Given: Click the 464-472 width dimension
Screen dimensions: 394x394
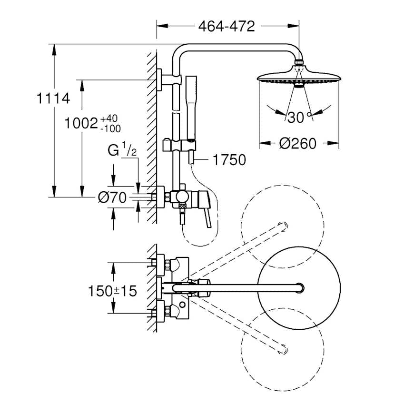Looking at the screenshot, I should (x=227, y=26).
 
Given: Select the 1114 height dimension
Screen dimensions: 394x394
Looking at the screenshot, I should (x=53, y=98).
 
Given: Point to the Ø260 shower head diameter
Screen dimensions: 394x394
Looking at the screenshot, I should (x=298, y=143).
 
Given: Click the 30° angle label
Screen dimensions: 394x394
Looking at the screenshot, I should (x=299, y=118).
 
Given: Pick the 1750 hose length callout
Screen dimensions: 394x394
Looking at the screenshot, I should (x=229, y=160).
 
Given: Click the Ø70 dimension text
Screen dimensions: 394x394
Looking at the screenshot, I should (x=112, y=197).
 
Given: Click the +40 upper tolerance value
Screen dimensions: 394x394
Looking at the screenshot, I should (x=109, y=118).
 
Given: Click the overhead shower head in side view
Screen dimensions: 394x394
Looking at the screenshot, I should (x=298, y=78).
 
